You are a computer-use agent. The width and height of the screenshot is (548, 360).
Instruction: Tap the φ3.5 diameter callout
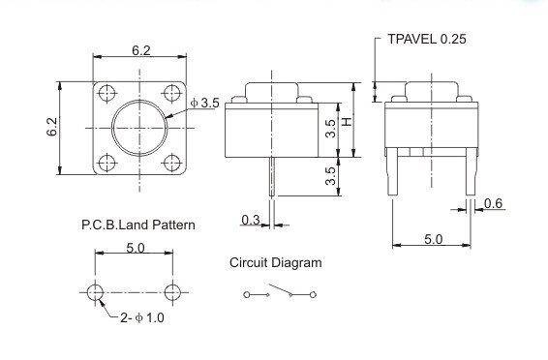(x=208, y=102)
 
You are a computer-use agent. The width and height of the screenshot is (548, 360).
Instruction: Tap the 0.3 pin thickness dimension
(x=250, y=221)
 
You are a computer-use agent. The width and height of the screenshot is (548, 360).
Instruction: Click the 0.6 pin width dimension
(x=492, y=202)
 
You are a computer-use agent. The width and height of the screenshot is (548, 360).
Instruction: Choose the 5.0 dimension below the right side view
(x=433, y=238)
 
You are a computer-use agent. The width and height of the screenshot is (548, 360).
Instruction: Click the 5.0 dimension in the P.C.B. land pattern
(x=135, y=248)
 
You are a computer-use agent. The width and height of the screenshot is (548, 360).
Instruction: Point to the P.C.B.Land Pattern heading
(x=137, y=225)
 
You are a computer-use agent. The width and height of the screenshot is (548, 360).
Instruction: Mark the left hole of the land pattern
(x=95, y=291)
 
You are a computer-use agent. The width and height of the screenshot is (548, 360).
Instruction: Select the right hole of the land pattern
(x=173, y=291)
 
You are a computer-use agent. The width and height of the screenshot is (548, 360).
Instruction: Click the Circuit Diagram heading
(x=276, y=262)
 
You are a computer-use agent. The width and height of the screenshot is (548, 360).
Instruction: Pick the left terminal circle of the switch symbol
(x=246, y=293)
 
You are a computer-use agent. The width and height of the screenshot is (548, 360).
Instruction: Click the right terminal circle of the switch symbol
(x=315, y=293)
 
